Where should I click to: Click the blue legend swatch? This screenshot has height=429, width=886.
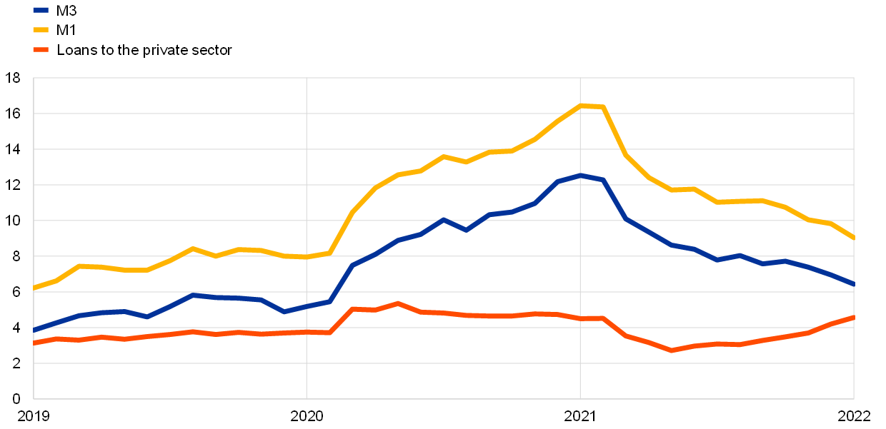coord(41,10)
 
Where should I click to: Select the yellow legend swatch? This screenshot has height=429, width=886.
coord(41,30)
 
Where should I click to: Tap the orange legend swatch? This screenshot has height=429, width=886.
coord(41,50)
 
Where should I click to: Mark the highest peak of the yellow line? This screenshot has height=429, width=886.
coord(581,106)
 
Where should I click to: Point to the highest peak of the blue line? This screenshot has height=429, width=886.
coord(581,175)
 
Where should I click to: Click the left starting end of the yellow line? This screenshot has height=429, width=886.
coord(34,288)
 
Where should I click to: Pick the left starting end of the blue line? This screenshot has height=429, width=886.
coord(34,330)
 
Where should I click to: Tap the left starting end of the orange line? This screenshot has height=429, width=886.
coord(34,343)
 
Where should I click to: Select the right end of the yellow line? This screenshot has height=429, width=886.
coord(853,238)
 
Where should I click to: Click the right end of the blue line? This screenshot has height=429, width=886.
coord(853,284)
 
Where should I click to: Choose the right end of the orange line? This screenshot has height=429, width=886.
coord(853,317)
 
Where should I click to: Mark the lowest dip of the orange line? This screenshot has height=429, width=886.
coord(672,350)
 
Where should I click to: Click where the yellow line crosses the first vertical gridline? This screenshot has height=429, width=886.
coord(307,256)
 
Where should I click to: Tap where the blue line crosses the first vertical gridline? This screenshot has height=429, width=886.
coord(307,306)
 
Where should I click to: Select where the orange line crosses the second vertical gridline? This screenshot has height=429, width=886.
coord(580,318)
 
